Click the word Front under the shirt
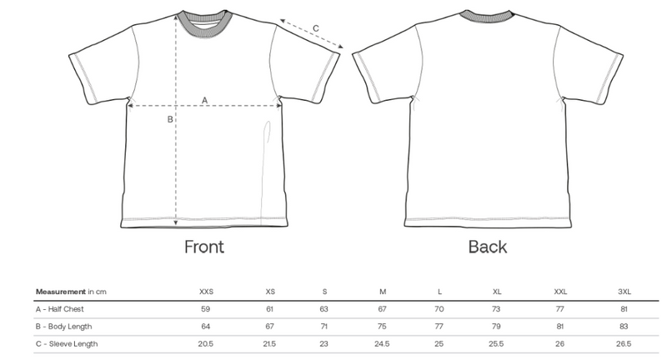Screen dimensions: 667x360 point(204,247)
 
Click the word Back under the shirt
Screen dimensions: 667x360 point(488,247)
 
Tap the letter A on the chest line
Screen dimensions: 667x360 point(204,100)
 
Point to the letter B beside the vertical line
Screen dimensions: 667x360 point(170,119)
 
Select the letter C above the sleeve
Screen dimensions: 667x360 point(316,28)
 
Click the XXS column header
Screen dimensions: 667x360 point(206,292)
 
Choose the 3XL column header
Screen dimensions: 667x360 point(624,292)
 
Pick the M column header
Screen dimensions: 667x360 point(383,292)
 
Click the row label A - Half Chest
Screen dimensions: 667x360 point(59,309)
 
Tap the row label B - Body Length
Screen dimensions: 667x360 point(64,327)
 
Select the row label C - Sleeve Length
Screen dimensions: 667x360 point(67,344)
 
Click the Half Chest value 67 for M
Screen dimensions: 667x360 point(382,309)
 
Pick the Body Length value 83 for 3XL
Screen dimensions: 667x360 point(624,327)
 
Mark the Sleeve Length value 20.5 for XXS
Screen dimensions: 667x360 point(205,344)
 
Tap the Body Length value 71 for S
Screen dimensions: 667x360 point(323,327)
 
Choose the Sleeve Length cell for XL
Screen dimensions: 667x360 point(496,344)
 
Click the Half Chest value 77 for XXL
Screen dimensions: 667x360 point(559,309)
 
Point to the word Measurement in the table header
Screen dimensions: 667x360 point(61,292)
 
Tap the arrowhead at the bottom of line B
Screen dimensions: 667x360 point(176,223)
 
